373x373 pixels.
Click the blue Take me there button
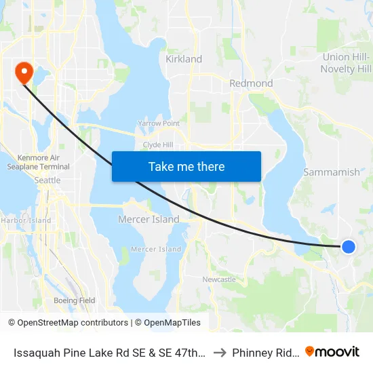186,166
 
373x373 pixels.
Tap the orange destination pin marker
22,72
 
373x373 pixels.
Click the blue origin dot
348,247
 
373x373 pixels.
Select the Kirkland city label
184,59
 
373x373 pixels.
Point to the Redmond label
251,83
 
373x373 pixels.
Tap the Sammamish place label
332,172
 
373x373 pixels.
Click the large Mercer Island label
149,219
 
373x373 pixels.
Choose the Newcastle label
219,279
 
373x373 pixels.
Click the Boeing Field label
74,300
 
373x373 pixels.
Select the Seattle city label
47,180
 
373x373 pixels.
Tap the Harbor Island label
26,220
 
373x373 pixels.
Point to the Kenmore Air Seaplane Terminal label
39,162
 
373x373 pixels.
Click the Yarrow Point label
159,123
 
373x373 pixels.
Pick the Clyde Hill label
158,145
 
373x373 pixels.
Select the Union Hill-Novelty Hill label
346,63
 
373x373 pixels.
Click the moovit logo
332,351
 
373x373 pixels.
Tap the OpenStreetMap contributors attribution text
68,323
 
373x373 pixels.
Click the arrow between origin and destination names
219,353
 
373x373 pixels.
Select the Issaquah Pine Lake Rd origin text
109,353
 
